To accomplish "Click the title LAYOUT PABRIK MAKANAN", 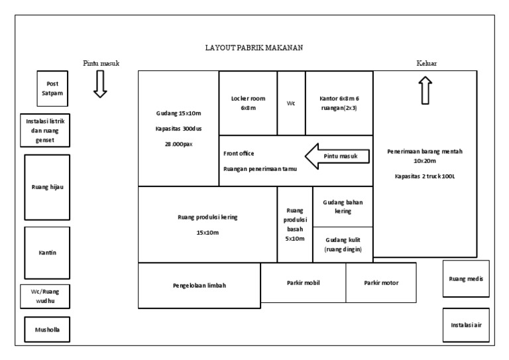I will [254, 48].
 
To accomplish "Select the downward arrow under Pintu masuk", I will [100, 85].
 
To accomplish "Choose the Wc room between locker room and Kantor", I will [291, 103].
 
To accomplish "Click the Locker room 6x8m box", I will [248, 103].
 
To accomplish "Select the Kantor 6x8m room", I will [339, 103].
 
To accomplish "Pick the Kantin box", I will [47, 253].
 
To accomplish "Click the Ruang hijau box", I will [47, 187].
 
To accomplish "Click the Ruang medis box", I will [466, 279].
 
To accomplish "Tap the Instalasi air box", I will [466, 325].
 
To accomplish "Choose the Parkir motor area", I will [381, 283].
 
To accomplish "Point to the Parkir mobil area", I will [303, 283].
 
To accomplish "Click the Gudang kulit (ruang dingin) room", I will [343, 245].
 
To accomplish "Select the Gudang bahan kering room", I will [343, 207].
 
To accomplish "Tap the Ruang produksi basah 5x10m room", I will [295, 225].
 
